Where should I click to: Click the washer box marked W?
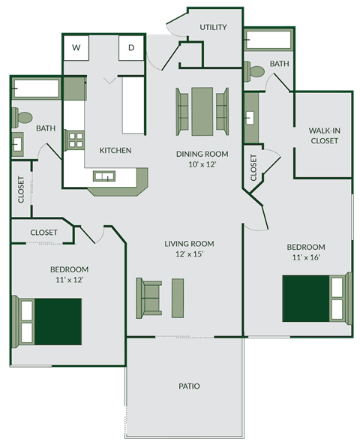pos(76,48)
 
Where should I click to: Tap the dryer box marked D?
pos(131,48)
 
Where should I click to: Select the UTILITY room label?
pos(213,27)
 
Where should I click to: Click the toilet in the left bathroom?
pos(22,118)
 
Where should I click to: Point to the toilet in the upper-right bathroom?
pos(256,73)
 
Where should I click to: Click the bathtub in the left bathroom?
pos(35,88)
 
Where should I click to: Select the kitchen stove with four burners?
pos(75,140)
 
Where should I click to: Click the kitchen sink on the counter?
pos(104,176)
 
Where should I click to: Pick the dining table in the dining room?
pos(202,107)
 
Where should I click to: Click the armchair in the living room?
pos(148,296)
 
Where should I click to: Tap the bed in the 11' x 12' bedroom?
pos(49,320)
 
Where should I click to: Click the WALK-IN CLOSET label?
pos(324,135)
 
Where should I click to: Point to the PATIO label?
pos(189,386)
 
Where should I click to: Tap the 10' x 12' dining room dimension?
pos(202,164)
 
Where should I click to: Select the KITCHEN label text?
pos(115,150)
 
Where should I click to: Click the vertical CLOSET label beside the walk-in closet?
pos(253,169)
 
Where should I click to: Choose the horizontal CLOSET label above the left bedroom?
pos(43,233)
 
